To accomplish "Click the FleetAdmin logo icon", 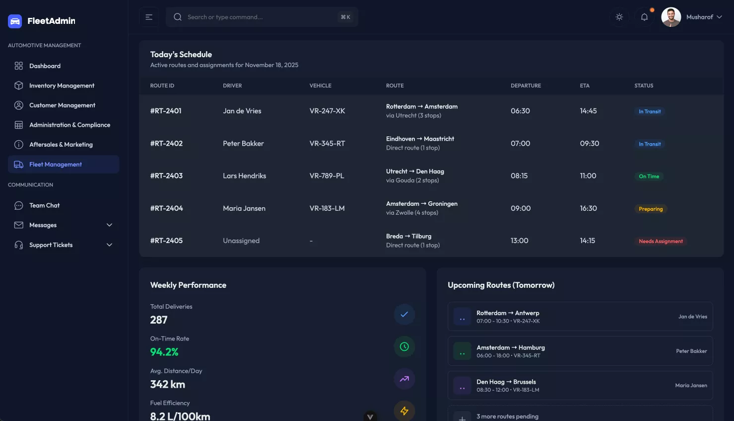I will tap(15, 21).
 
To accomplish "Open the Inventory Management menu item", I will tap(62, 85).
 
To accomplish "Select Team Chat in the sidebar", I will tap(44, 205).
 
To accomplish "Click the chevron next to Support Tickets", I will tap(109, 245).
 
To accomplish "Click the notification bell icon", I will tap(644, 17).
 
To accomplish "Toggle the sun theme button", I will tap(619, 17).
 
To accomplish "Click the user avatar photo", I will tap(671, 17).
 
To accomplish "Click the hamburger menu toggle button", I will tap(149, 17).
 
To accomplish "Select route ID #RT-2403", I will tap(166, 176).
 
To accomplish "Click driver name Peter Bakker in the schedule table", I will tap(243, 144).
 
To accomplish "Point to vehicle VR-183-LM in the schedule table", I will tap(327, 208).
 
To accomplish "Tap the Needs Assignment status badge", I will tap(661, 241).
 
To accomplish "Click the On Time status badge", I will tap(649, 176).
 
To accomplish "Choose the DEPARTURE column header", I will tap(526, 85).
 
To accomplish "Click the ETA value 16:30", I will tap(588, 208).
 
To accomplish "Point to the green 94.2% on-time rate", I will tap(164, 352).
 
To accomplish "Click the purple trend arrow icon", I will tap(404, 379).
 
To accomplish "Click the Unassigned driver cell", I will tap(241, 241).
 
